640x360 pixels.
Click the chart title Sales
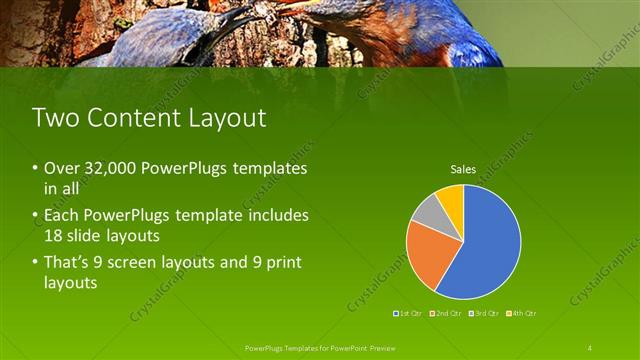pos(463,169)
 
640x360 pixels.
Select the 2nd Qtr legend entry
pos(447,313)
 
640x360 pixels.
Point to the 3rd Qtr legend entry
pos(484,313)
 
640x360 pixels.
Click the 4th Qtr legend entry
pos(521,313)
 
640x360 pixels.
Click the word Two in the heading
pos(54,118)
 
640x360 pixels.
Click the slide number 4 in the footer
pos(589,347)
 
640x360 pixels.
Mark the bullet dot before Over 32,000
pos(36,169)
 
